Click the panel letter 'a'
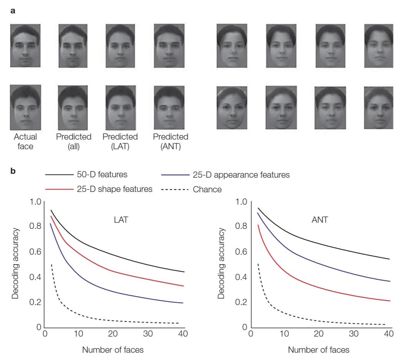tap(13, 11)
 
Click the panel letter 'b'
tap(13, 170)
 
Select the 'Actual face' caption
tap(25, 141)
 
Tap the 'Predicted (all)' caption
tap(74, 141)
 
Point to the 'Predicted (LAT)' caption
tap(120, 141)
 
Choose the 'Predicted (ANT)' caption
tap(171, 141)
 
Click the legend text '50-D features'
tap(102, 175)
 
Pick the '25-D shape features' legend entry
tap(115, 189)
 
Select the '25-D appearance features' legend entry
tap(241, 175)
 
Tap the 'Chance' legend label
tap(207, 190)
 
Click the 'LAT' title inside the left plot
tap(121, 220)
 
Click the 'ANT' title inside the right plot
tap(320, 220)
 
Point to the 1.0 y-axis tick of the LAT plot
tap(35, 202)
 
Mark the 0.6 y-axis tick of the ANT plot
tap(241, 252)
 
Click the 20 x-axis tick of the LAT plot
tap(113, 333)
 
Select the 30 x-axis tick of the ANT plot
tap(354, 333)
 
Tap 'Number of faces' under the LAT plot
tap(113, 350)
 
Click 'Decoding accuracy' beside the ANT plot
tap(221, 263)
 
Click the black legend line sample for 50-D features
tap(59, 175)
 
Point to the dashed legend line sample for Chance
tap(175, 190)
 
